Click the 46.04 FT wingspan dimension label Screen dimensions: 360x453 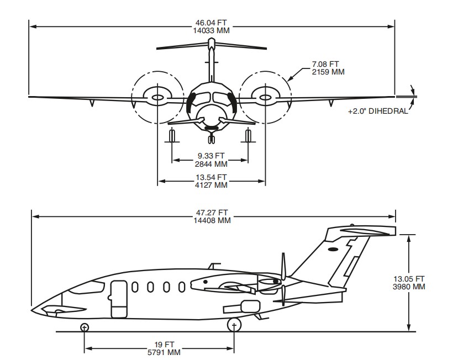tap(211, 23)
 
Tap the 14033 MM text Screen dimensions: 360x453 tap(211, 31)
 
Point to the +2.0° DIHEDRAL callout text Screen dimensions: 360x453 tap(378, 111)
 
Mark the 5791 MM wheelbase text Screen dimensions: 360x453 tap(160, 352)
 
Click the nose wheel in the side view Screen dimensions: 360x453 tap(85, 327)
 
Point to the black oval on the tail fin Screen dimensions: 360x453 tap(333, 250)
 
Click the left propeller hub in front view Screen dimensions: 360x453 tap(157, 98)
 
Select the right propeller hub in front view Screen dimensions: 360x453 tap(266, 98)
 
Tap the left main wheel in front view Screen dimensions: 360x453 tap(172, 135)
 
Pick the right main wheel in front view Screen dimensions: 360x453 tap(248, 135)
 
